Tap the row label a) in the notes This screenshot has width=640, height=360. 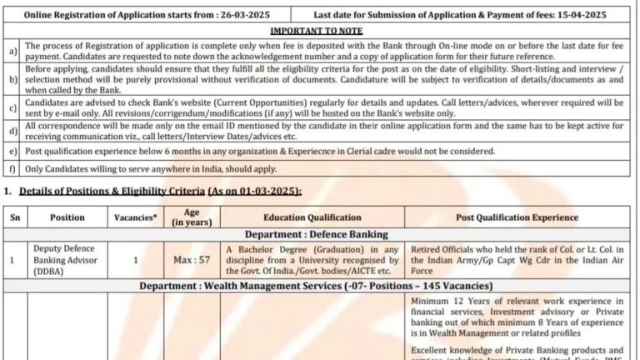(11, 51)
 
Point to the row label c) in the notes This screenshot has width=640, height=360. (11, 109)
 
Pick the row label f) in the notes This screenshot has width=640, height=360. (11, 167)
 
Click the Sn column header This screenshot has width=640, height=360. (14, 217)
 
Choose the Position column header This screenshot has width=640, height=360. (67, 217)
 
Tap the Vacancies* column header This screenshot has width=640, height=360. (135, 217)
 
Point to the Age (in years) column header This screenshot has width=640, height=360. (191, 217)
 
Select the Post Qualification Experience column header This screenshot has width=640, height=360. (517, 217)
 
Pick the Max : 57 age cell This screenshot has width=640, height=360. (191, 259)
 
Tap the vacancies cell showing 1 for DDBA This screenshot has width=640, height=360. (135, 259)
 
